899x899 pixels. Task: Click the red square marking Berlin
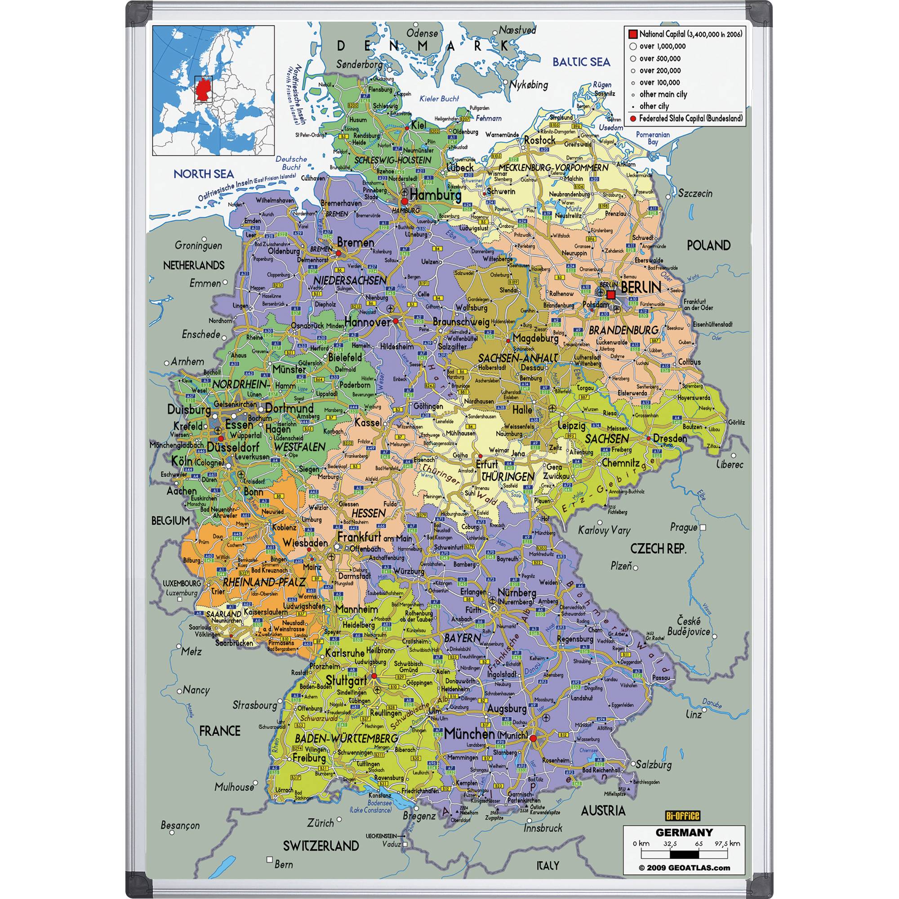coord(611,294)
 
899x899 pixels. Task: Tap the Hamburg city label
coord(436,196)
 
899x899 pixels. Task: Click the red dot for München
coord(533,738)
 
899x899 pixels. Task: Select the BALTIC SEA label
coord(581,62)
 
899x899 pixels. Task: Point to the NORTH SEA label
coord(203,174)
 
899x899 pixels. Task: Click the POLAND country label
coord(708,245)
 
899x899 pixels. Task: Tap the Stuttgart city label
coord(346,680)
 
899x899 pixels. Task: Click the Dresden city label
coord(670,438)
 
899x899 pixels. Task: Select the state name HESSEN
coord(369,513)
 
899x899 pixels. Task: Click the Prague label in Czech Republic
coord(684,527)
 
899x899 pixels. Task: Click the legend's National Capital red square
coord(632,34)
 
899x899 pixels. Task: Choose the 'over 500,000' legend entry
coord(659,58)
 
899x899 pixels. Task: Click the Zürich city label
coord(320,822)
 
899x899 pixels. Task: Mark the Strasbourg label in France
coord(254,705)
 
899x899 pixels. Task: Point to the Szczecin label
coord(695,193)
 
